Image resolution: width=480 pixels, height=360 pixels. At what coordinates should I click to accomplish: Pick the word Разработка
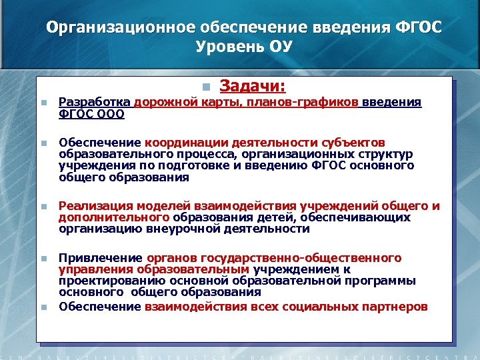coord(95,102)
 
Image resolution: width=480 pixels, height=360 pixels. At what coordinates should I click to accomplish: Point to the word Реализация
coord(94,206)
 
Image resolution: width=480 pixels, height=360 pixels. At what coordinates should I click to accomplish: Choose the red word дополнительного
coord(114,217)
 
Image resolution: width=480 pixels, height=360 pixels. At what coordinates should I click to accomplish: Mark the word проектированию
coord(107,281)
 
